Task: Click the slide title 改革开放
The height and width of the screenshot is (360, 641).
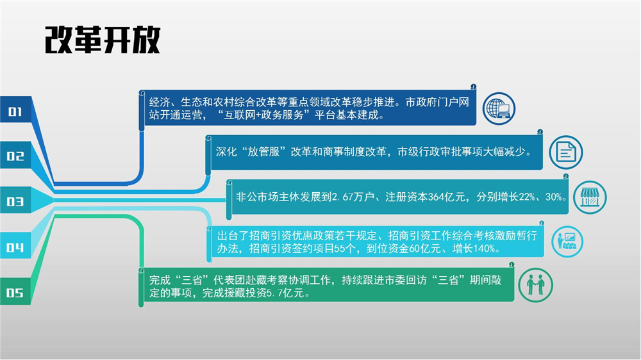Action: tap(102, 40)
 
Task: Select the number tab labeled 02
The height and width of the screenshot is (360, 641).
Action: tap(15, 155)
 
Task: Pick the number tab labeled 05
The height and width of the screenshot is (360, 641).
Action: tap(15, 291)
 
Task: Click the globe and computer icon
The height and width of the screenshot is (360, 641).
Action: tap(499, 109)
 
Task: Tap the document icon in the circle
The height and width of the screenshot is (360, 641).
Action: tap(566, 152)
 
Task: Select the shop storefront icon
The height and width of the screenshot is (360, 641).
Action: tap(590, 197)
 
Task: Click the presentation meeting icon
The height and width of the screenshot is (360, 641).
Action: tap(567, 241)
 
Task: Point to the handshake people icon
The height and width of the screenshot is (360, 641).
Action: tap(535, 285)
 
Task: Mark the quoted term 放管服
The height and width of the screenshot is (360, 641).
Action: tap(263, 152)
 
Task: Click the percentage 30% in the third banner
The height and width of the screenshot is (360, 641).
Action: tap(554, 197)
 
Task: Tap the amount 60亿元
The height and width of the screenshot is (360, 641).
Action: tap(425, 249)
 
